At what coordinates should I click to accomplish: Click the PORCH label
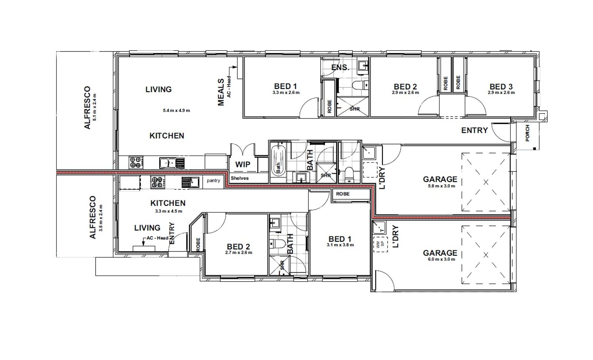click(x=527, y=133)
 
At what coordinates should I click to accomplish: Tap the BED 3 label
click(x=501, y=87)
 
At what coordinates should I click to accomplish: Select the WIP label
click(x=243, y=164)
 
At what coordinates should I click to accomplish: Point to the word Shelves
click(x=239, y=178)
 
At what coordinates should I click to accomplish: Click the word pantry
click(x=213, y=181)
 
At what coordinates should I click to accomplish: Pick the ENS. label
click(x=340, y=67)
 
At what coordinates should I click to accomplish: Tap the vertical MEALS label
click(x=221, y=92)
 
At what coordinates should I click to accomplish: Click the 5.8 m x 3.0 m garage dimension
click(x=441, y=186)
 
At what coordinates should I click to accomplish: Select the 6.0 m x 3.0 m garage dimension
click(x=441, y=259)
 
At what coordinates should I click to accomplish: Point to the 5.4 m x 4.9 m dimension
click(x=176, y=110)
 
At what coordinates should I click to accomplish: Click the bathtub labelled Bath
click(x=278, y=161)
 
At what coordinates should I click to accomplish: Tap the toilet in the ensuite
click(x=360, y=85)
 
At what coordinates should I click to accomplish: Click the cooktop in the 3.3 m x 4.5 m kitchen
click(x=157, y=182)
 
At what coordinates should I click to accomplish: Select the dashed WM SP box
click(x=380, y=244)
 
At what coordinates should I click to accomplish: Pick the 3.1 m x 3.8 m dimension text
click(x=340, y=245)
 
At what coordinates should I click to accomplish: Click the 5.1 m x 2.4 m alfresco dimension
click(x=95, y=107)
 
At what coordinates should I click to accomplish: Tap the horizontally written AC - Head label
click(x=158, y=238)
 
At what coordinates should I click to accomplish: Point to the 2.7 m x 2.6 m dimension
click(x=239, y=253)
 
